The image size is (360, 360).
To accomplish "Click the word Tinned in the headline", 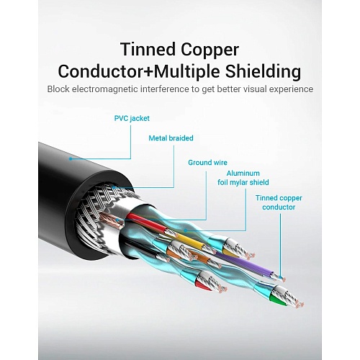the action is coord(148,50).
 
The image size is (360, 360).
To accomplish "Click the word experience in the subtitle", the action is coord(291,90).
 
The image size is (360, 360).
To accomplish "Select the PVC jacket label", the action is coord(132,119).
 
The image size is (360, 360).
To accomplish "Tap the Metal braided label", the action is coord(171,138).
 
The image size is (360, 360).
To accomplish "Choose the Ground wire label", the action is coord(207,163).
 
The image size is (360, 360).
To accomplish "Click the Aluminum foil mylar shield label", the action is coord(243,178).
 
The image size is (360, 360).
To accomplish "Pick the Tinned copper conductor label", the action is coord(279,202).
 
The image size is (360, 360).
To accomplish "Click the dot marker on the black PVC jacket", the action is coord(71,159).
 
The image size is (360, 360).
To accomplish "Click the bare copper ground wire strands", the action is coord(112,220).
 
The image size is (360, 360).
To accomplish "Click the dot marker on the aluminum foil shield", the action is coord(186,230).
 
